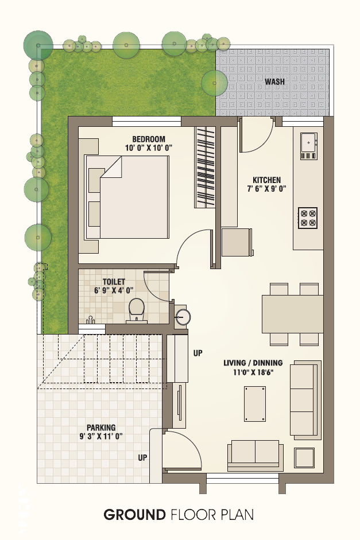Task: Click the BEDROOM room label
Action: pyautogui.click(x=149, y=139)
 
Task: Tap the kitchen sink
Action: pyautogui.click(x=309, y=146)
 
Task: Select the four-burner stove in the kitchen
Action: pyautogui.click(x=308, y=217)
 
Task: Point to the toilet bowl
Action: pyautogui.click(x=137, y=310)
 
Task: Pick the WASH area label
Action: pyautogui.click(x=274, y=81)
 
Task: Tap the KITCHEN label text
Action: pyautogui.click(x=266, y=180)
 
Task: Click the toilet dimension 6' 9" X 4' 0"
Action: pyautogui.click(x=114, y=290)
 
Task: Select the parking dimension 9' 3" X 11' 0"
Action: pyautogui.click(x=101, y=436)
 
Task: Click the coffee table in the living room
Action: pyautogui.click(x=255, y=403)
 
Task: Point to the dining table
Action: pyautogui.click(x=293, y=314)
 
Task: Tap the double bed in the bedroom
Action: pyautogui.click(x=127, y=197)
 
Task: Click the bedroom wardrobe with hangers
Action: pyautogui.click(x=205, y=167)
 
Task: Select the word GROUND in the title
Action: pyautogui.click(x=135, y=515)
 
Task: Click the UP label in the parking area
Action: pyautogui.click(x=142, y=458)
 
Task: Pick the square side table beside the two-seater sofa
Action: pyautogui.click(x=304, y=458)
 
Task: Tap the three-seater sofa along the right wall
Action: pyautogui.click(x=305, y=400)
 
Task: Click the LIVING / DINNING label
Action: pyautogui.click(x=253, y=363)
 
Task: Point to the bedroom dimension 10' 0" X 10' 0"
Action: pyautogui.click(x=149, y=147)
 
